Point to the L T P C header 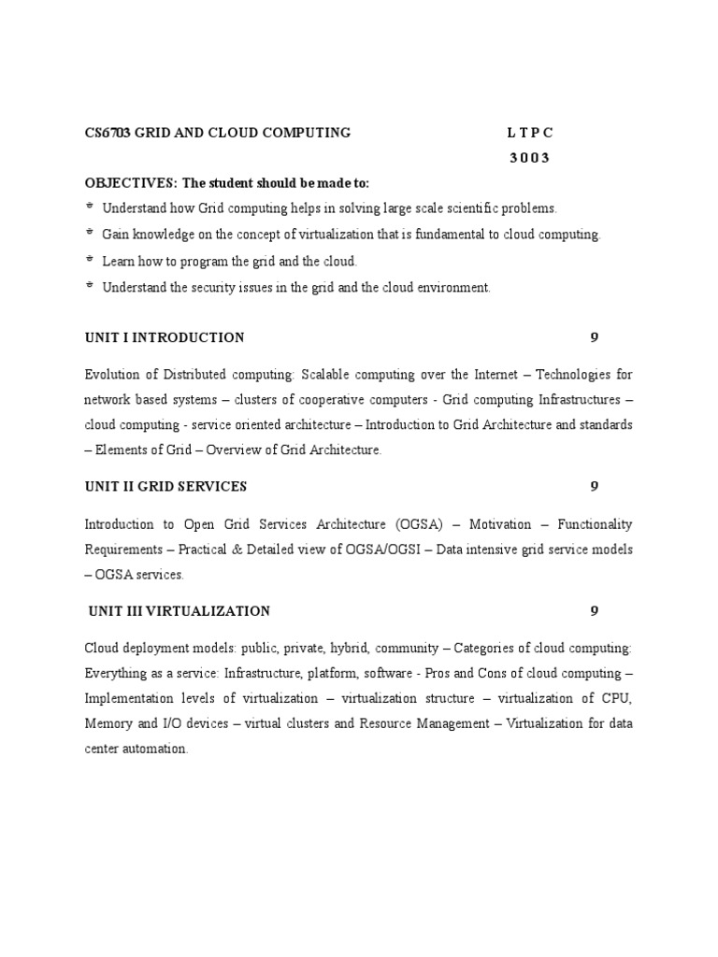click(529, 133)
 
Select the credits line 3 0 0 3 click(529, 158)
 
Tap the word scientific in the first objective click(476, 208)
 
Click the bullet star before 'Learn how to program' click(90, 262)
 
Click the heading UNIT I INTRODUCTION click(165, 337)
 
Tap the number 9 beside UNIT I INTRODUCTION click(594, 337)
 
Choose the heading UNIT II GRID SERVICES click(165, 486)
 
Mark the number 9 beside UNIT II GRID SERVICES click(594, 486)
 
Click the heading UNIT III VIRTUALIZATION click(179, 611)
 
